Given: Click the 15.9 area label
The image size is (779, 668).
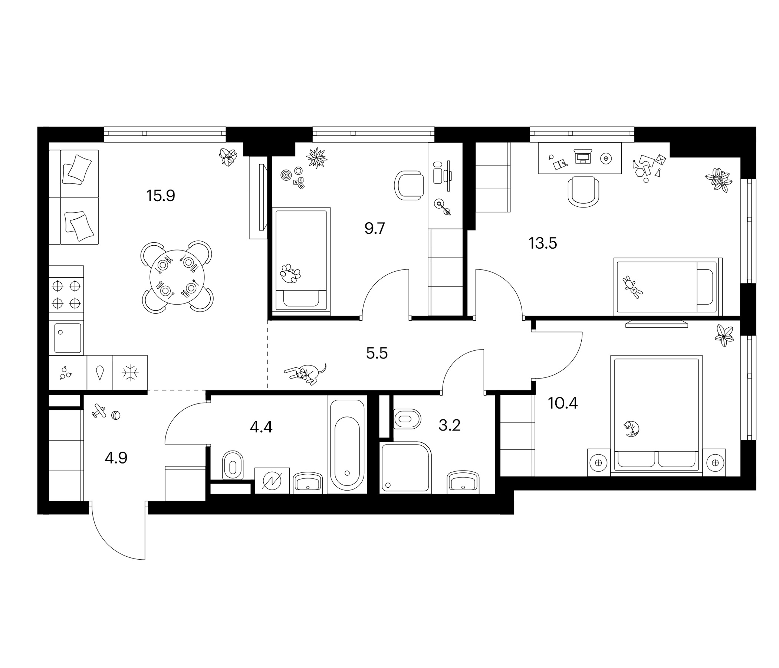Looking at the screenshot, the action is (x=161, y=196).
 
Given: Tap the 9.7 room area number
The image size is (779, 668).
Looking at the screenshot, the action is (x=374, y=228).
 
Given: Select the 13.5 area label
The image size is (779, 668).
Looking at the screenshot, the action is (x=542, y=243).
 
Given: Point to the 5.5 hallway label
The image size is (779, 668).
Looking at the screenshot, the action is (x=377, y=353).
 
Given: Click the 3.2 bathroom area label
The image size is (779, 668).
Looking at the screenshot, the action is (x=449, y=425).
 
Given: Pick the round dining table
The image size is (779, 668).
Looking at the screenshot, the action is (x=177, y=277).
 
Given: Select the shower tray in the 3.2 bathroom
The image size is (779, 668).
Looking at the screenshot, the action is (x=405, y=467).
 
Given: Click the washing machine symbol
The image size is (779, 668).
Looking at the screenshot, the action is (x=272, y=481).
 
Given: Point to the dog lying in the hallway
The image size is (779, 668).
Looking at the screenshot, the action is (x=305, y=374).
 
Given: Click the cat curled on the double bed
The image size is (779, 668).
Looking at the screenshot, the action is (x=632, y=428).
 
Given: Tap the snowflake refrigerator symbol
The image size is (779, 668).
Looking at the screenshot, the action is (x=130, y=373).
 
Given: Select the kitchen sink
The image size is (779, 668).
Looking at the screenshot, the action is (x=68, y=338).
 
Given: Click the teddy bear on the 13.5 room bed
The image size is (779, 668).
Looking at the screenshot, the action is (x=633, y=287).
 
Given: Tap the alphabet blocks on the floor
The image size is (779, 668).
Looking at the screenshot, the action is (x=299, y=183).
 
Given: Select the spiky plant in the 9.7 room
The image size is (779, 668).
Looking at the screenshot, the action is (x=316, y=158).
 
